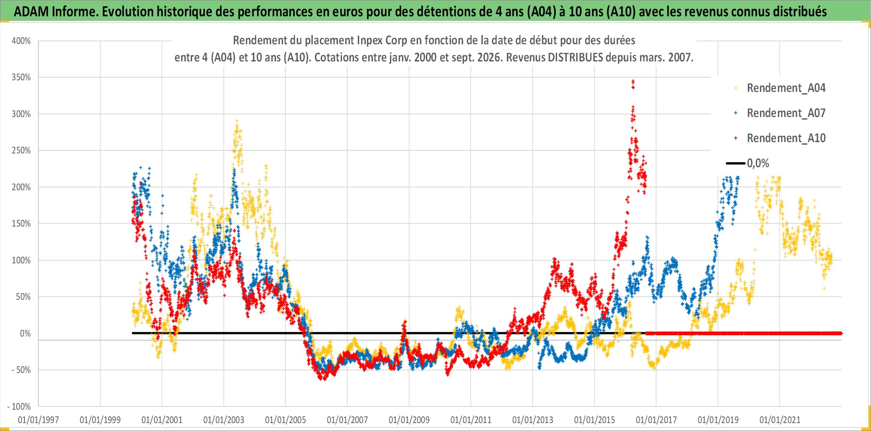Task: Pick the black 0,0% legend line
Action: (735, 163)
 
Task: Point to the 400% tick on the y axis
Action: (21, 41)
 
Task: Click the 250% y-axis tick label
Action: (21, 150)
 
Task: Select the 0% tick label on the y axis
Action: (25, 333)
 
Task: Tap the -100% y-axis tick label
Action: (19, 406)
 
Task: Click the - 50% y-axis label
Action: (21, 370)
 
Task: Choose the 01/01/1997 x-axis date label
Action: (38, 420)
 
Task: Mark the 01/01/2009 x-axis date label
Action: (409, 420)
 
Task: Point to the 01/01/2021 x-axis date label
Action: (780, 420)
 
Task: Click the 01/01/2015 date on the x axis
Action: (595, 420)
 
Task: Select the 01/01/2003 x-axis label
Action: (224, 420)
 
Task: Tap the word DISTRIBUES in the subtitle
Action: (575, 57)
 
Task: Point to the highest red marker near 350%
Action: (633, 82)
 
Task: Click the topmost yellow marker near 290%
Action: (237, 121)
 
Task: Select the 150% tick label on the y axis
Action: (21, 224)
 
